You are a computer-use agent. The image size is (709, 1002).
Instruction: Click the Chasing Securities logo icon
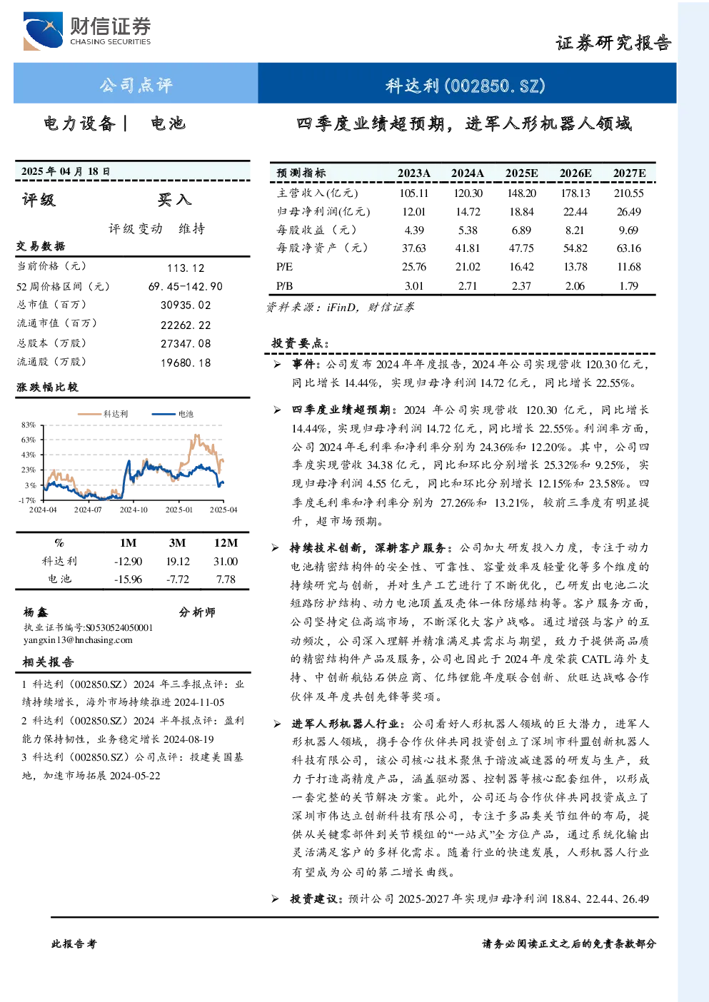(x=43, y=31)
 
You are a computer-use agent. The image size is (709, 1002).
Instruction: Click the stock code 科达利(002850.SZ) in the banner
(x=466, y=85)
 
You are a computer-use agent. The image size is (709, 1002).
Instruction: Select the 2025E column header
(x=521, y=173)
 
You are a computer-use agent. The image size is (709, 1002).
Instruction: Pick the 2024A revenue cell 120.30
(x=468, y=193)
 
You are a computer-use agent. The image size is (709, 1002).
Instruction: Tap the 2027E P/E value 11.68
(x=629, y=267)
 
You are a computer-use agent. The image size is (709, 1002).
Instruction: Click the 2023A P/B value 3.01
(x=414, y=286)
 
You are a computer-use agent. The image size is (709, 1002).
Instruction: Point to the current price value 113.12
(x=186, y=268)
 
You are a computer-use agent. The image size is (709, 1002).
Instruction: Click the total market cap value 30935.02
(x=186, y=305)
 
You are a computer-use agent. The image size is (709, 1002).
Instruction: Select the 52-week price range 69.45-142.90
(x=186, y=286)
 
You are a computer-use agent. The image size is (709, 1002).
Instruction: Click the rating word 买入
(x=174, y=200)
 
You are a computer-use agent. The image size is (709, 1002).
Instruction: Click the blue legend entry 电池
(x=173, y=414)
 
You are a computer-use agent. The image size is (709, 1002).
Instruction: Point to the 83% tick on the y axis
(x=29, y=425)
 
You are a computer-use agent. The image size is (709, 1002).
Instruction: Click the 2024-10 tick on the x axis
(x=134, y=510)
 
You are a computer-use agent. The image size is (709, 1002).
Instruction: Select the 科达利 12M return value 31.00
(x=226, y=562)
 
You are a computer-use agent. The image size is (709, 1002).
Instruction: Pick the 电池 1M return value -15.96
(x=128, y=580)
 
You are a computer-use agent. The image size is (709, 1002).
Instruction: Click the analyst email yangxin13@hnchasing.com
(x=78, y=640)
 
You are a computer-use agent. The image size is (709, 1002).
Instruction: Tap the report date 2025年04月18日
(x=66, y=171)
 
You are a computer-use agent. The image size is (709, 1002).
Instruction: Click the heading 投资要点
(x=300, y=343)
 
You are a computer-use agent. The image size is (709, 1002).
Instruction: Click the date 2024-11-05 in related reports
(x=199, y=702)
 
